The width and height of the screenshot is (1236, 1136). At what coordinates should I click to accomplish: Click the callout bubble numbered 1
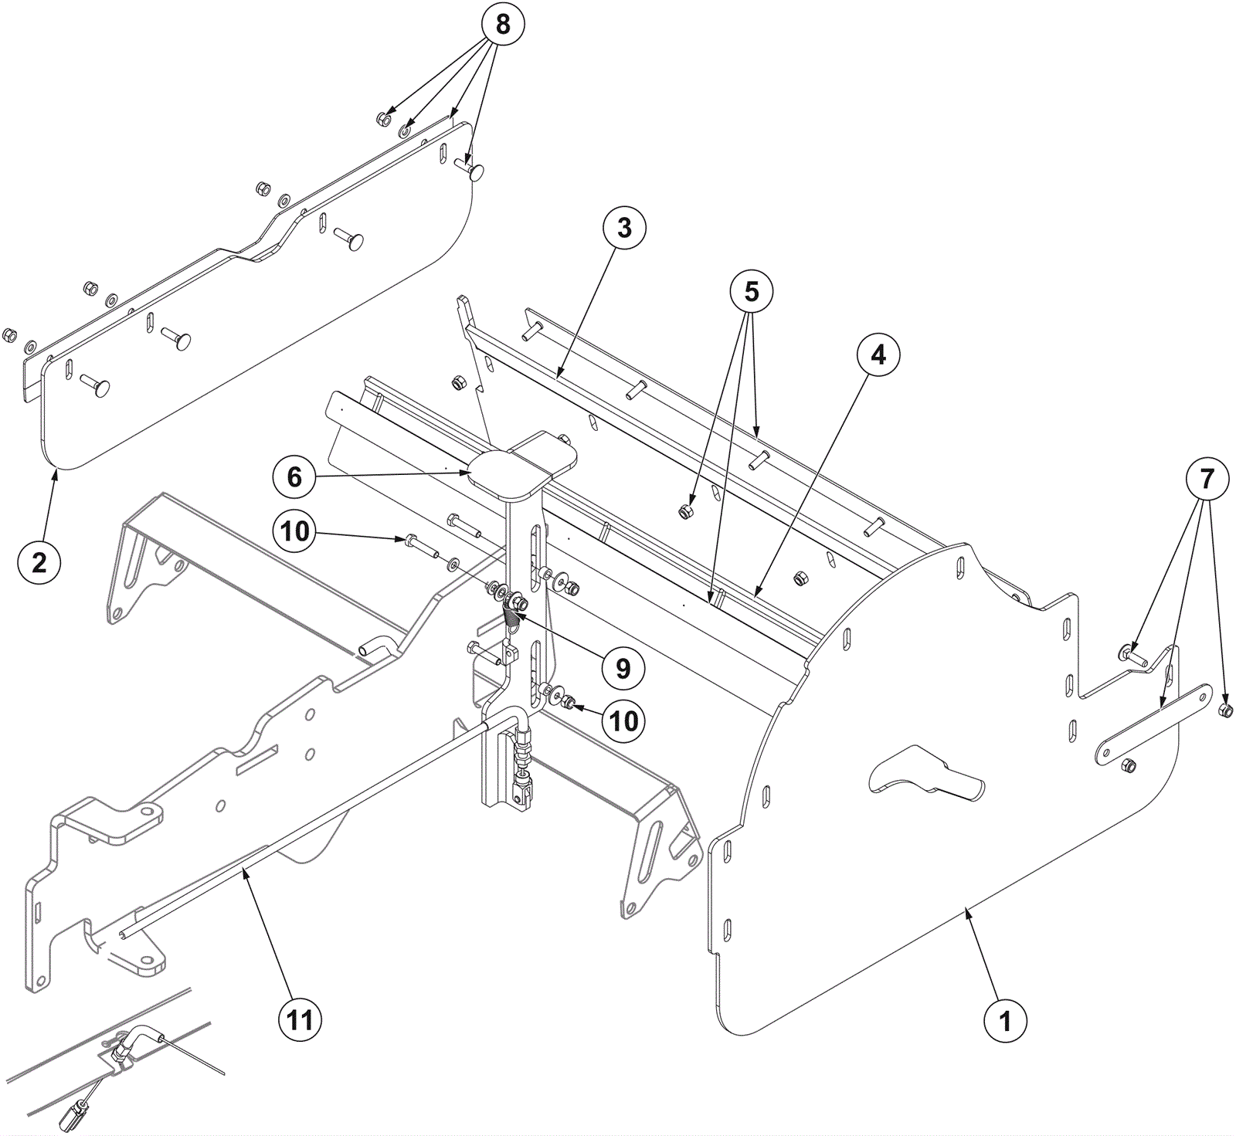(1005, 1021)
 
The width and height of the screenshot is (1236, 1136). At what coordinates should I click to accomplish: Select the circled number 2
(39, 562)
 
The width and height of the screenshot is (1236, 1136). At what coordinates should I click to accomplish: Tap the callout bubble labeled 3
(623, 228)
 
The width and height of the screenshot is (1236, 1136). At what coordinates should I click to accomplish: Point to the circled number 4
(878, 354)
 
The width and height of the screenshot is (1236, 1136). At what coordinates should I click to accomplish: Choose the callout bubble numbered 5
(752, 291)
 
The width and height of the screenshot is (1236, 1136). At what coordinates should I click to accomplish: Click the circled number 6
(294, 477)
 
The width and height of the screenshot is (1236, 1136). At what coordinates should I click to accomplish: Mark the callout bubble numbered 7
(1206, 480)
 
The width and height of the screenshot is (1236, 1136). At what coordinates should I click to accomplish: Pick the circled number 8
(502, 25)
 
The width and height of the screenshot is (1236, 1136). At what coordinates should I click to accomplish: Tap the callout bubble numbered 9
(623, 668)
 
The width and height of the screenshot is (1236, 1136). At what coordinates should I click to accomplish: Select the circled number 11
(300, 1020)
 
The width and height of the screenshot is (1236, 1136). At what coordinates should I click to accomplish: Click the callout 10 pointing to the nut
(624, 721)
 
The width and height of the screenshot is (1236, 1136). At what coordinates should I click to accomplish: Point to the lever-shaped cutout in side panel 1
(927, 773)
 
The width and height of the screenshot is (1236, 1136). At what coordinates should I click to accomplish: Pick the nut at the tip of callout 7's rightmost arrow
(1225, 710)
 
